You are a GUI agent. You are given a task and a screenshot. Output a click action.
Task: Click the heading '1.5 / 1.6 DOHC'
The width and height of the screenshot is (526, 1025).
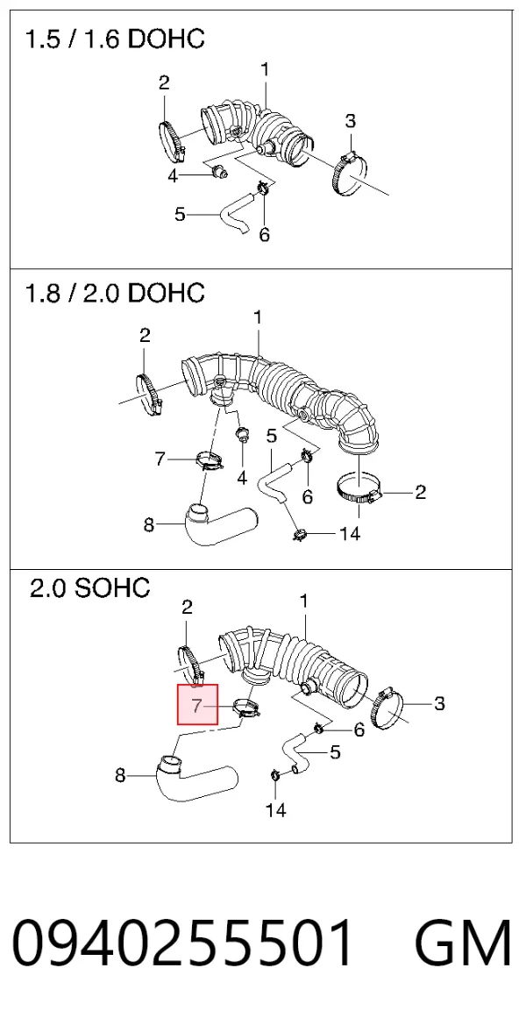pyautogui.click(x=114, y=39)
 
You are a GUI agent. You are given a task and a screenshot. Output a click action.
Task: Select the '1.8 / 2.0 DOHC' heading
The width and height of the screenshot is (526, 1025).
pyautogui.click(x=114, y=293)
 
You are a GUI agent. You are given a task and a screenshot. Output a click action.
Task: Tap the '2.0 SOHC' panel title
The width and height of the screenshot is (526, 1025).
pyautogui.click(x=89, y=588)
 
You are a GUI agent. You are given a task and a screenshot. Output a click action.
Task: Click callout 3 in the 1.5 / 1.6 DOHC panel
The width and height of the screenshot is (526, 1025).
pyautogui.click(x=351, y=121)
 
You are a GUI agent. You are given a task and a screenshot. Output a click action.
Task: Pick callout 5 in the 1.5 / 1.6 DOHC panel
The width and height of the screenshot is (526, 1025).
pyautogui.click(x=181, y=214)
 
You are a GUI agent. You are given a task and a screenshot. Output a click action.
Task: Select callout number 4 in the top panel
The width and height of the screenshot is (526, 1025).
pyautogui.click(x=174, y=176)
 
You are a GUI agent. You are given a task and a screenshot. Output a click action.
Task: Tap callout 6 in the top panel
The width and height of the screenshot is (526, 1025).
pyautogui.click(x=264, y=235)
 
